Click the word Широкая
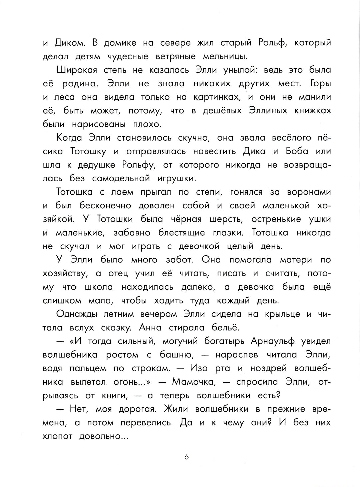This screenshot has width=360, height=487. (x=77, y=70)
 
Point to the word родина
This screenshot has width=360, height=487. (x=80, y=84)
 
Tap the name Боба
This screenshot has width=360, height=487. (x=297, y=151)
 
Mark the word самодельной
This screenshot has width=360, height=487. (x=120, y=179)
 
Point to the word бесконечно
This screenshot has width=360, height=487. (x=105, y=206)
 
